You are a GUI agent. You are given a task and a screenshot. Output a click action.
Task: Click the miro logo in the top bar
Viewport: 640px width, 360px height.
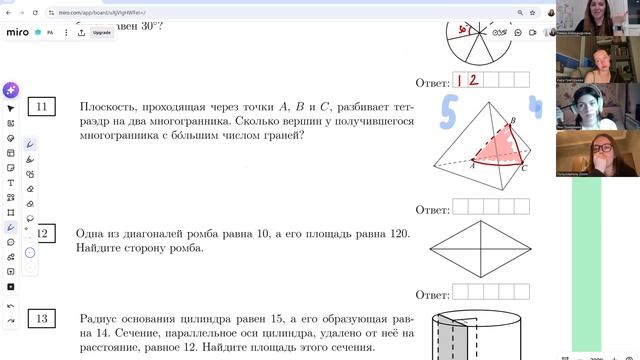(18, 32)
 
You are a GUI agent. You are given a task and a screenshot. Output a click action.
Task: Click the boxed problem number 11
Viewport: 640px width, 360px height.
(42, 107)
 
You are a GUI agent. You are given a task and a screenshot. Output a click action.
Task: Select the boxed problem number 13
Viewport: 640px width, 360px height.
(41, 319)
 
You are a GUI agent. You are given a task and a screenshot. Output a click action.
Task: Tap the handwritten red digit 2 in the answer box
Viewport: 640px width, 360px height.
(474, 81)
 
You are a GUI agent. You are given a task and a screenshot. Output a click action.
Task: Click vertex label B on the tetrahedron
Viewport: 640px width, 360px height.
(513, 122)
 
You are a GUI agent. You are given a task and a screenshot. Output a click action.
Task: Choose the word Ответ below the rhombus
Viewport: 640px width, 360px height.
(432, 294)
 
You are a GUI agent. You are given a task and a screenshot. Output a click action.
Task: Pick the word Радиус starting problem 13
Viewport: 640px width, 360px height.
(101, 319)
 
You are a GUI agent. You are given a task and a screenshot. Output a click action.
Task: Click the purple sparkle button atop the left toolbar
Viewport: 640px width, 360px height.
(11, 89)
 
